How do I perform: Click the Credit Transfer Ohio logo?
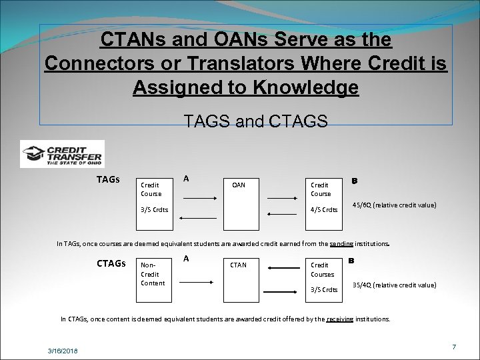pyautogui.click(x=62, y=153)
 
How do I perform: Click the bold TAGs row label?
pyautogui.click(x=108, y=179)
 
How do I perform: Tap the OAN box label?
pyautogui.click(x=239, y=185)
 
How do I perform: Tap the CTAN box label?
pyautogui.click(x=238, y=265)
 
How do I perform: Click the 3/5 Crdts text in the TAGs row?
pyautogui.click(x=154, y=210)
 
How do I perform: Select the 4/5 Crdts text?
pyautogui.click(x=325, y=210)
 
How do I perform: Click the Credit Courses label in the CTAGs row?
pyautogui.click(x=323, y=269)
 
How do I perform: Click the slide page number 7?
pyautogui.click(x=453, y=347)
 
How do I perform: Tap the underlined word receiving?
pyautogui.click(x=339, y=319)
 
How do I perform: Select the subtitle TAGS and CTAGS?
pyautogui.click(x=255, y=121)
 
